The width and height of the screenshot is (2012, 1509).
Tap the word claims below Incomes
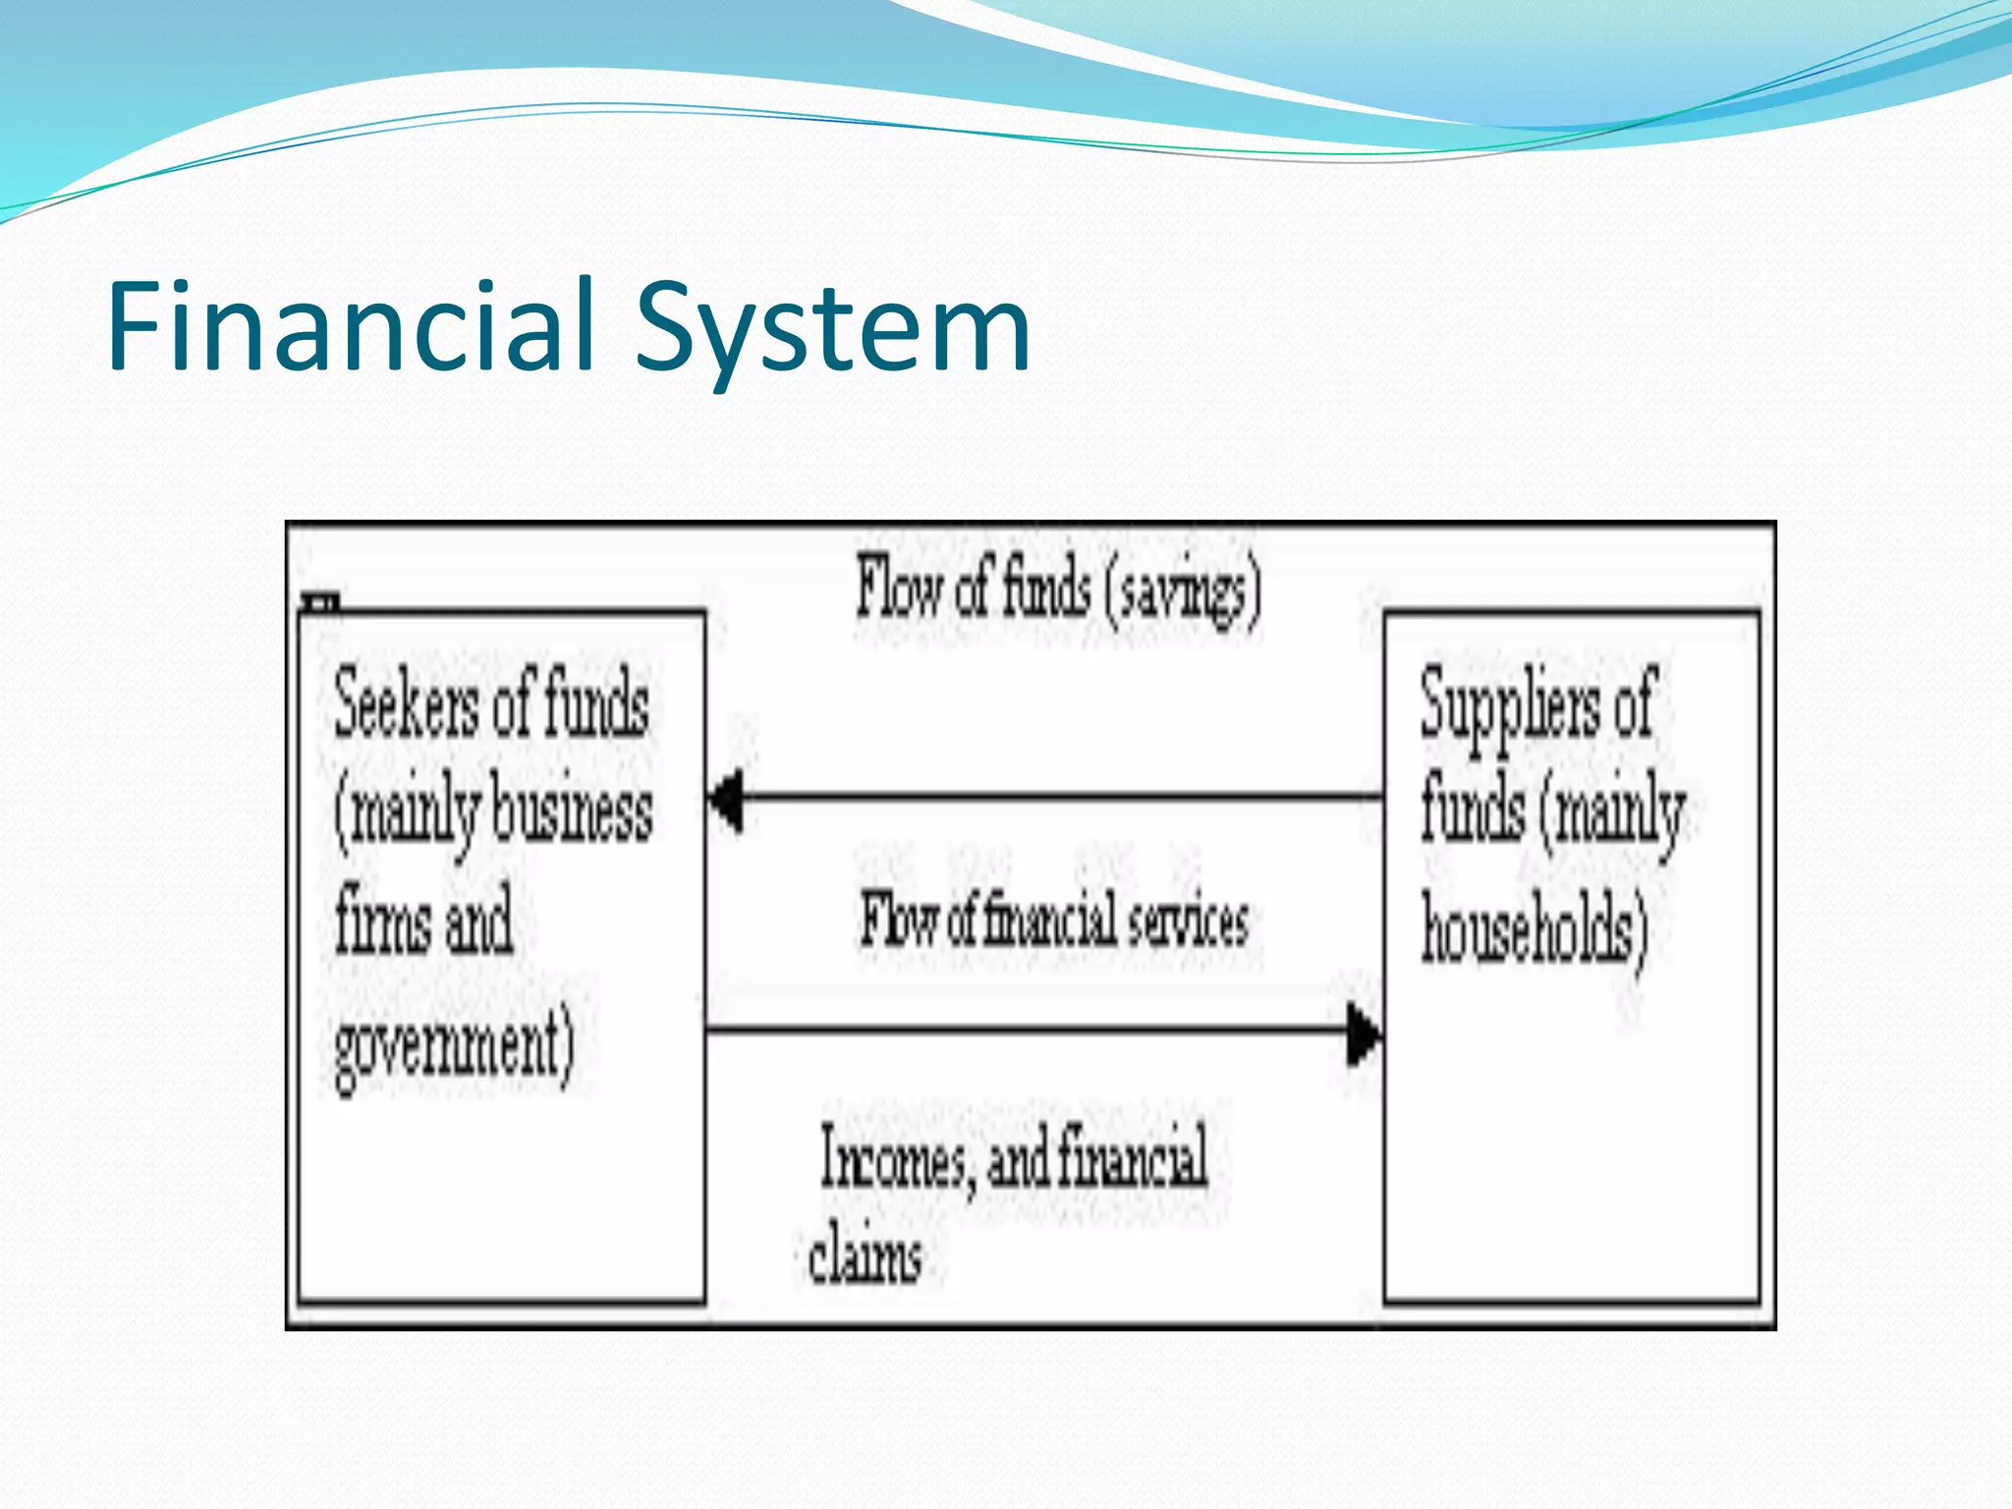[865, 1257]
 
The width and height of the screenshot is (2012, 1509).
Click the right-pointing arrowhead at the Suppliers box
[1362, 1032]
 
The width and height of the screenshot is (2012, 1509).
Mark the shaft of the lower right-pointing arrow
[1022, 1030]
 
